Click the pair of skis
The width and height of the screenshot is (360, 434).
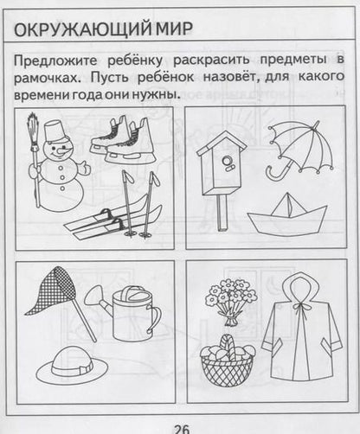(x=108, y=220)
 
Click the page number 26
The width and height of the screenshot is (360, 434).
(x=181, y=424)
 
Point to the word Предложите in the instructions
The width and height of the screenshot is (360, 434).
(x=53, y=61)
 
